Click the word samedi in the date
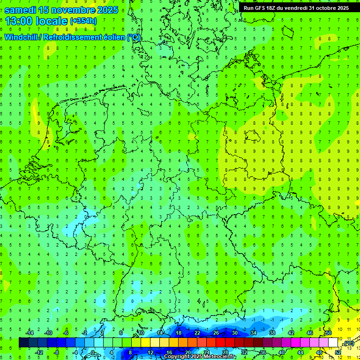(x=21, y=10)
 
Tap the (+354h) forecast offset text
(x=83, y=21)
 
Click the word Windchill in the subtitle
(x=21, y=37)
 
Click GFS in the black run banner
(x=261, y=8)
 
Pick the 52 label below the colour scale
(x=337, y=352)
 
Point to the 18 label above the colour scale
(x=178, y=333)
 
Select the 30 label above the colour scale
(x=234, y=333)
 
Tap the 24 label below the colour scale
(x=206, y=352)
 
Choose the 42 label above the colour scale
(x=291, y=333)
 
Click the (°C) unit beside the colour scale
(x=349, y=344)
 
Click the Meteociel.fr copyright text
(x=200, y=357)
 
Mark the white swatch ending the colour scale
(x=333, y=343)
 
